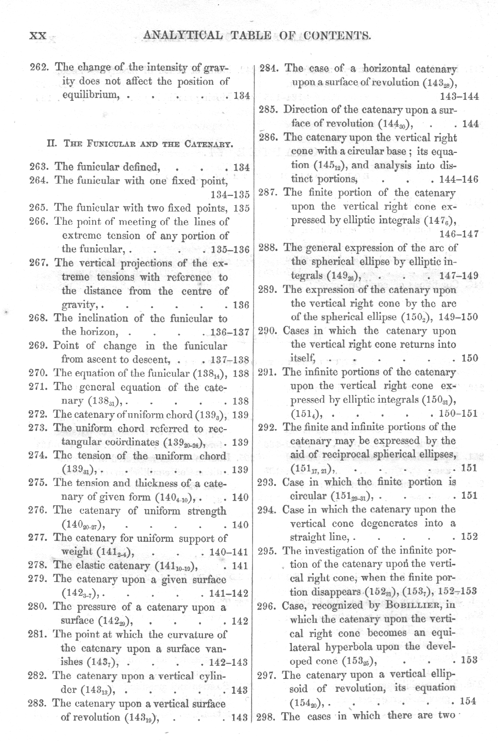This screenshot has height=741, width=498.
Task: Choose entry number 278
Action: (38, 565)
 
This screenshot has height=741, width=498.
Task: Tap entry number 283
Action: (38, 703)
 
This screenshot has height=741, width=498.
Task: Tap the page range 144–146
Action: (459, 179)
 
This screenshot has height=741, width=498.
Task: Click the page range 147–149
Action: (458, 276)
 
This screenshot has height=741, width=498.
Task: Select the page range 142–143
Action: (228, 662)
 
